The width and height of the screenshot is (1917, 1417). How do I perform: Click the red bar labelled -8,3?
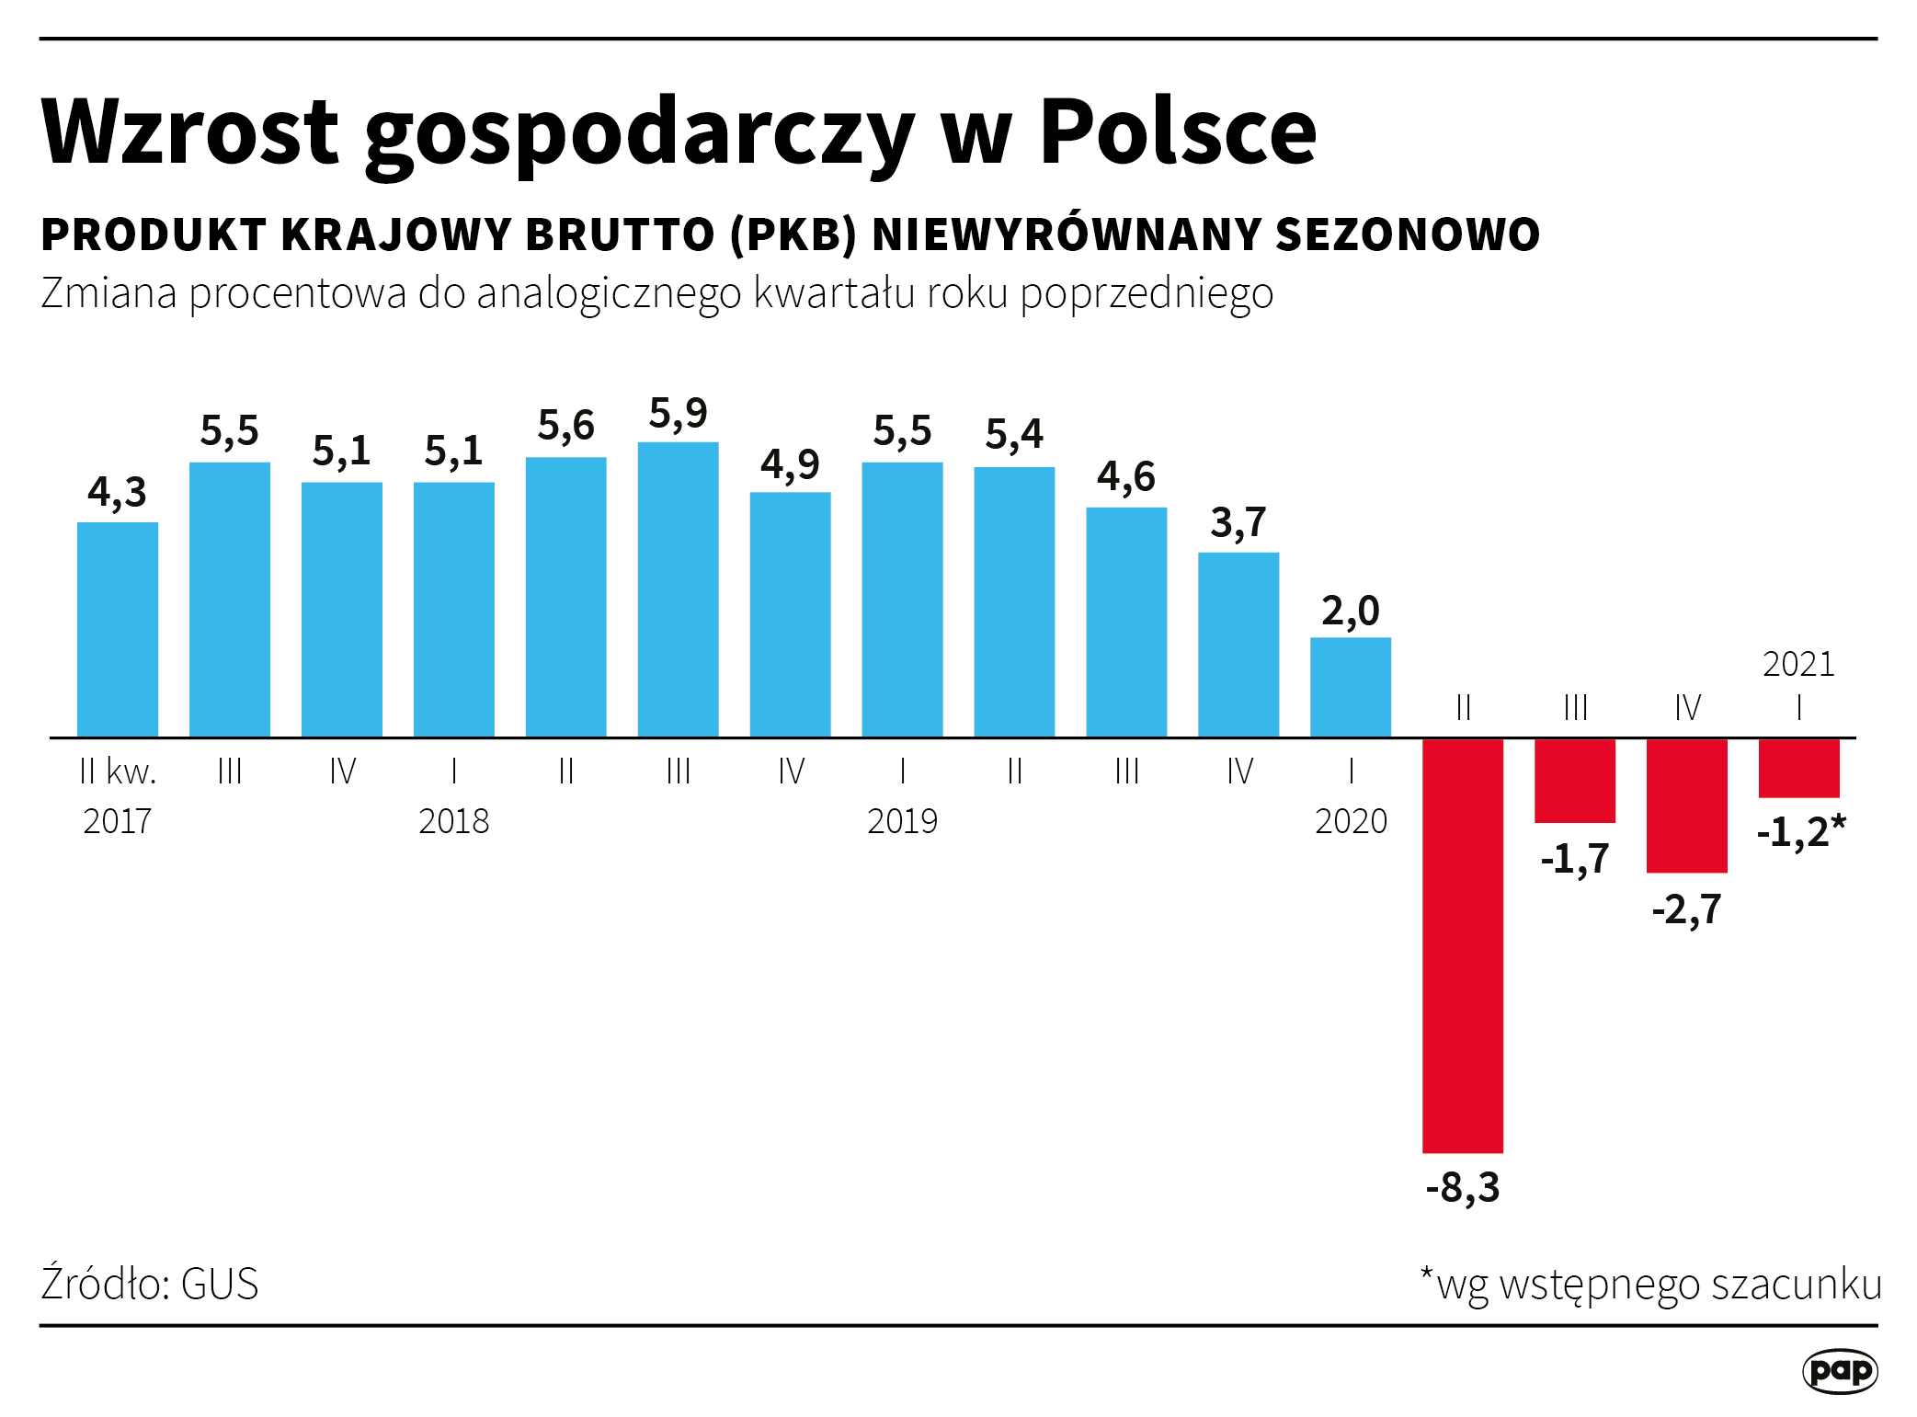point(1462,944)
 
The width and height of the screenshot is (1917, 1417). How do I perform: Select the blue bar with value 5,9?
point(678,589)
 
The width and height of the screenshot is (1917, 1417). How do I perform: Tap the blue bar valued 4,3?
point(118,629)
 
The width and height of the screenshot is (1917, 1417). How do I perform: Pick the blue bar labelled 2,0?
point(1350,687)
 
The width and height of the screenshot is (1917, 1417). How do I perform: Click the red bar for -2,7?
point(1686,805)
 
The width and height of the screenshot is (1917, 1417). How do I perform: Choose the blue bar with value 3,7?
point(1238,644)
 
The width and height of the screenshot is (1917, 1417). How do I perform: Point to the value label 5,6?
point(565,426)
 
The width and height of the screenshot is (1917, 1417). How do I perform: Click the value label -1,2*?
point(1800,832)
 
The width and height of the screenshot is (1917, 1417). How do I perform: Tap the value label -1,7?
point(1574,859)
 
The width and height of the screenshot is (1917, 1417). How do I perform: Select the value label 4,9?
point(790,464)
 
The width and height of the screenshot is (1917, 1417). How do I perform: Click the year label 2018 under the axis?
point(453,821)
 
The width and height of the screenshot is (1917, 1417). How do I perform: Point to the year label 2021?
point(1797,664)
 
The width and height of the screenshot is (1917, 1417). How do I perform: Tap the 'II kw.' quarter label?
point(118,771)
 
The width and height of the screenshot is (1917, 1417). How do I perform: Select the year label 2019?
point(902,821)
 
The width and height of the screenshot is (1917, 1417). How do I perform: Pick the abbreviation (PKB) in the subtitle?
point(793,234)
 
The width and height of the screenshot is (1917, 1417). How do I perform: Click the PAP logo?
point(1839,1371)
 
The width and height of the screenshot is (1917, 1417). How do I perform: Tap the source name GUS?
point(220,1284)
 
